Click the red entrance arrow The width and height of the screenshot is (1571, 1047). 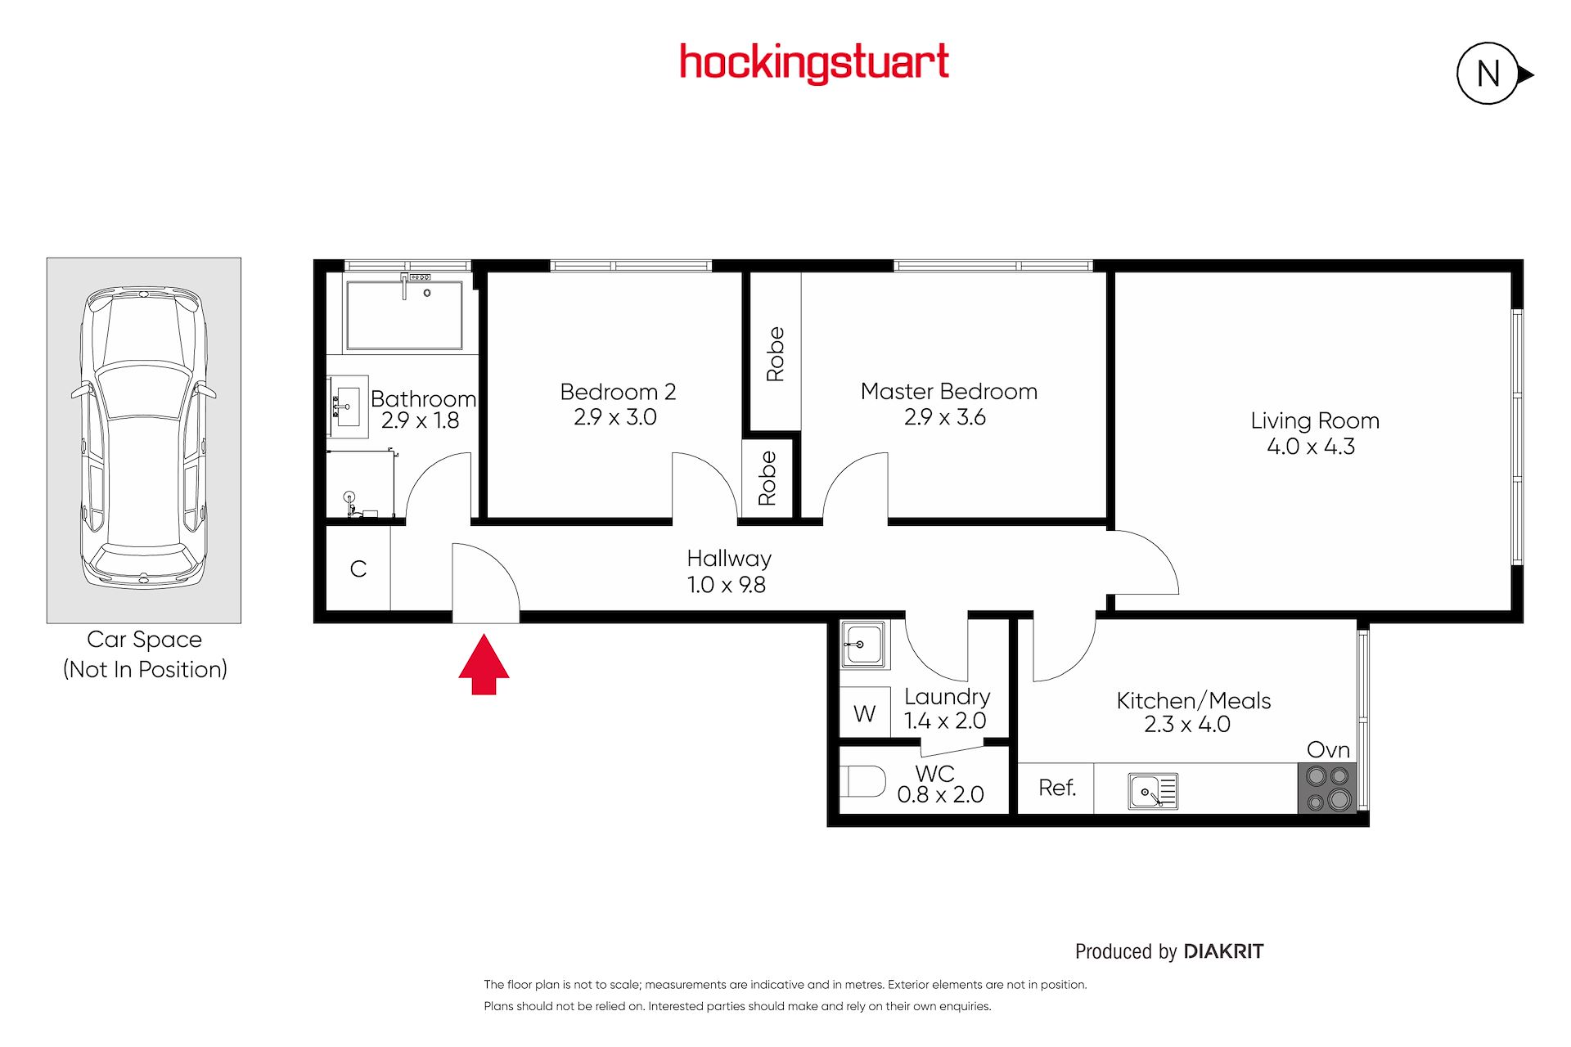coord(484,663)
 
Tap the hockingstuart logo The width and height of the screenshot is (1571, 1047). coord(814,63)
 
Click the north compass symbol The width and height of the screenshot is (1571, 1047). coord(1494,74)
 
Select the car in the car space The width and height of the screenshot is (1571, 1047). coord(144,438)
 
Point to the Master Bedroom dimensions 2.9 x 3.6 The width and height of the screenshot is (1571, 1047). coord(945,417)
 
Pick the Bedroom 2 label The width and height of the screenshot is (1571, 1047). coord(618,392)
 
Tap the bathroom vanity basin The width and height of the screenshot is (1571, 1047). coord(348,407)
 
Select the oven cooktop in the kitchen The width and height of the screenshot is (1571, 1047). coord(1327,788)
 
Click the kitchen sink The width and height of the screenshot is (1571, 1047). coord(1153,791)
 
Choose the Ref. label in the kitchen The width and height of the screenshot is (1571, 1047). coord(1057,788)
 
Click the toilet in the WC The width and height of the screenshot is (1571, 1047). coord(862,781)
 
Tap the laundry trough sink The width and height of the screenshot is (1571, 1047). coord(864,645)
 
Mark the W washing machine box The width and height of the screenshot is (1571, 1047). coord(865,713)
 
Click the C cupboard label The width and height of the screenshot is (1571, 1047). coord(358,568)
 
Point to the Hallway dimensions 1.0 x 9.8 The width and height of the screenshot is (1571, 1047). coord(727,585)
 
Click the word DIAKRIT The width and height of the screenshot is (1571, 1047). coord(1224,951)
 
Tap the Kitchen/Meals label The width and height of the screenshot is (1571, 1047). coord(1194,700)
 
